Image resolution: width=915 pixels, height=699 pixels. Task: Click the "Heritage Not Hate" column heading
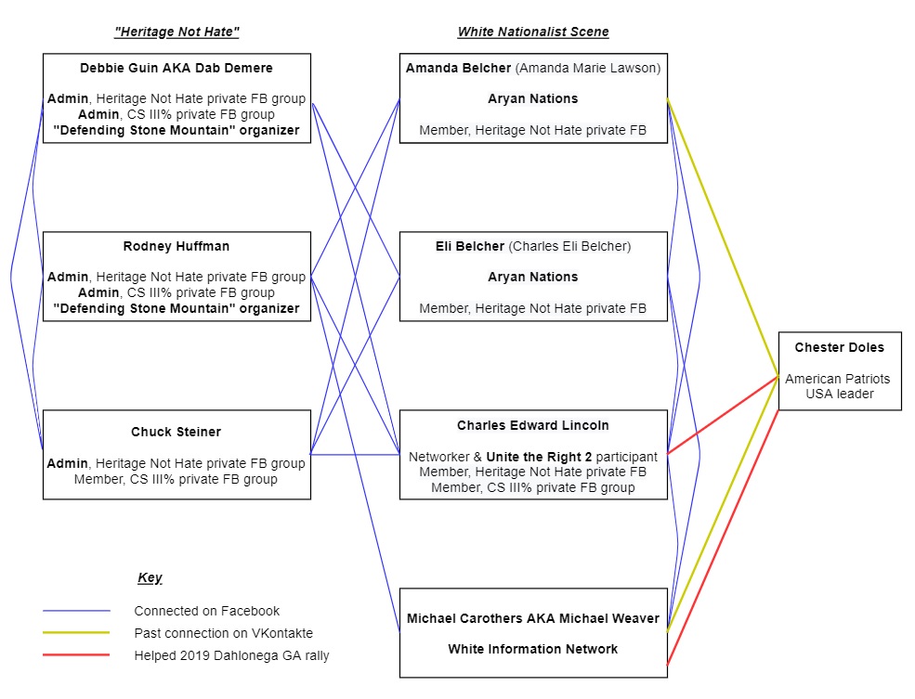(x=176, y=32)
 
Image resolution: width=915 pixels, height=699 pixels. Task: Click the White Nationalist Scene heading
(x=533, y=32)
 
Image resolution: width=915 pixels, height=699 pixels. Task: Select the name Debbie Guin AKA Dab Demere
(x=176, y=68)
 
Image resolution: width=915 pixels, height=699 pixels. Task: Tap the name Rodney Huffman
(x=176, y=247)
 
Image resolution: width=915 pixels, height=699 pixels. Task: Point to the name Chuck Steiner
(x=176, y=432)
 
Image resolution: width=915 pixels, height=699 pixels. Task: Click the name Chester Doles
(x=839, y=347)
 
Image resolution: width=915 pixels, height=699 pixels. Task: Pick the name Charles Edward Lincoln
(x=533, y=425)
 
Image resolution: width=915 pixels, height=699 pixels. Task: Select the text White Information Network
(x=533, y=650)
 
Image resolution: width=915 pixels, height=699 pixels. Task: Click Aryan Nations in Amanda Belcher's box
(x=533, y=99)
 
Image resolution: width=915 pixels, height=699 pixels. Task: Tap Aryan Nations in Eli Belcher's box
(x=533, y=277)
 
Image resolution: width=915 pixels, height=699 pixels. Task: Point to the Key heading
(x=150, y=577)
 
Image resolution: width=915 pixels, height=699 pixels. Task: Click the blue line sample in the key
(x=76, y=611)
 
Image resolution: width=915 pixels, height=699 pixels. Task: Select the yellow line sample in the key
(x=76, y=632)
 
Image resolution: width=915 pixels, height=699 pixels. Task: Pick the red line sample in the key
(x=76, y=654)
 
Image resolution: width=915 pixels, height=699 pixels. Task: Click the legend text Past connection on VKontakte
(x=224, y=633)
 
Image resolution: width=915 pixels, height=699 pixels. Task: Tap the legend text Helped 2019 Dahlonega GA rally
(x=231, y=656)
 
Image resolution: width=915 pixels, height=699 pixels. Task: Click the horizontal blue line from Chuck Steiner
(x=355, y=454)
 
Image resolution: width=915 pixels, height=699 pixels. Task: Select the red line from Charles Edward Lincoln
(x=723, y=415)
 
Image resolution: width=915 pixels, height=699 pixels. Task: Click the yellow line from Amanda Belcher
(x=723, y=238)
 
